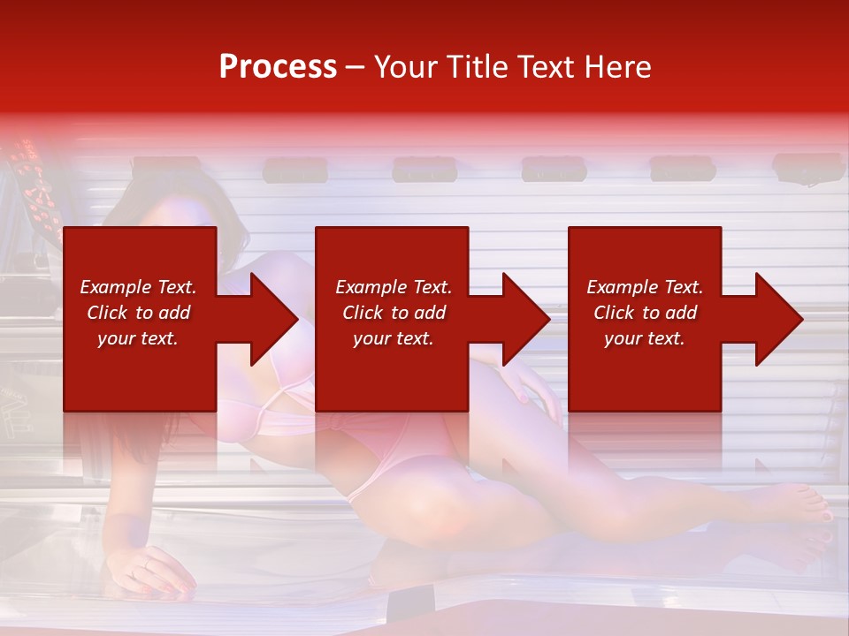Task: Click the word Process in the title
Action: [x=278, y=67]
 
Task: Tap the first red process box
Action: [x=140, y=319]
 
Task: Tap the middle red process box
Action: [x=392, y=319]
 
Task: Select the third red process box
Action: [x=644, y=319]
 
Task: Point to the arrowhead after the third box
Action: [x=777, y=319]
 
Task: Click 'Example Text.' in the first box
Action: [x=138, y=287]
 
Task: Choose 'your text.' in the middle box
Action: [x=393, y=338]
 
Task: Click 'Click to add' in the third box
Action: [x=645, y=313]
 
